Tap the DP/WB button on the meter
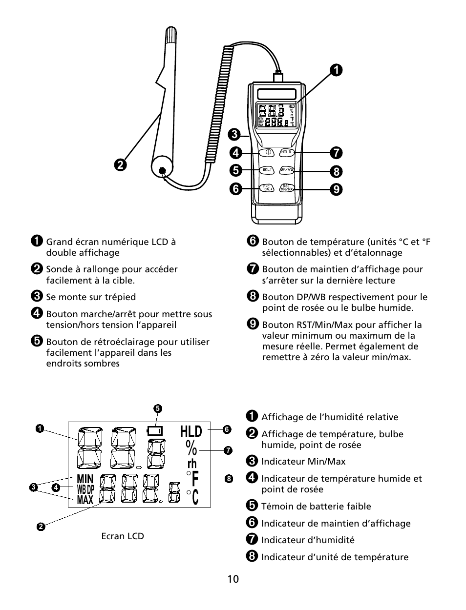(287, 170)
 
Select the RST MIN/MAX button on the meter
(287, 188)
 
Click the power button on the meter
(267, 152)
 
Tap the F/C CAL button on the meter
(267, 188)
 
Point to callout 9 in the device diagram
(336, 188)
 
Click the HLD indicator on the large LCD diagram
(191, 431)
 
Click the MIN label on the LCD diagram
(85, 479)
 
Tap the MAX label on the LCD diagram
(85, 500)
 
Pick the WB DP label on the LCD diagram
(85, 489)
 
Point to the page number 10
(233, 579)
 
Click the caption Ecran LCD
(123, 536)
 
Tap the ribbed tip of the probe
(172, 39)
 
